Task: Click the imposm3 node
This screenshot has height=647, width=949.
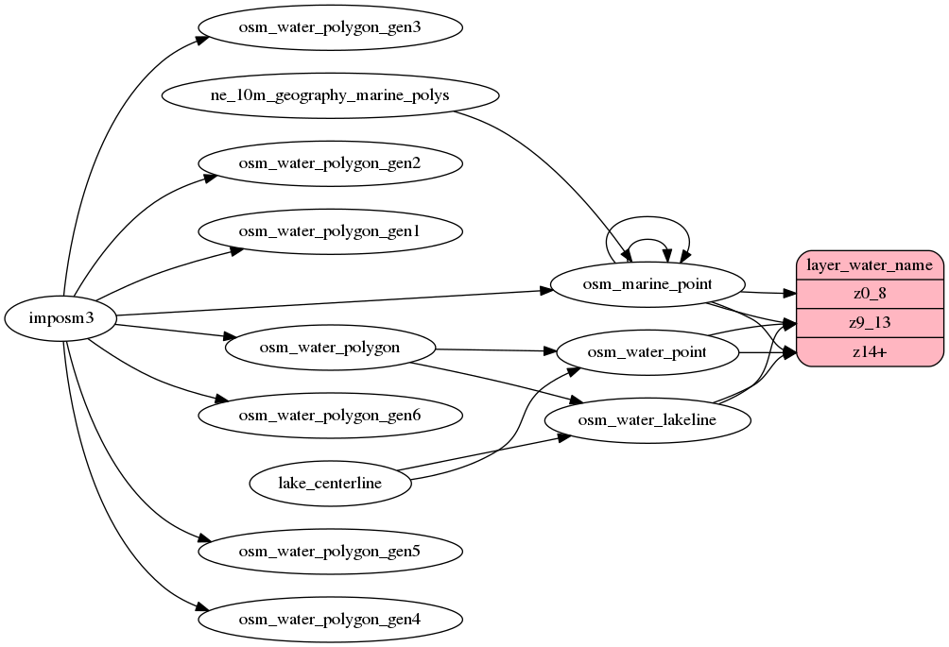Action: (x=61, y=318)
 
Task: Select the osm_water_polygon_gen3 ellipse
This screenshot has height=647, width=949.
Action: (x=330, y=27)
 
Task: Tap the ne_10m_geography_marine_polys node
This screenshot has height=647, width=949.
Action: (x=330, y=95)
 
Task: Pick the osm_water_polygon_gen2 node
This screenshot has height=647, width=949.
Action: (x=330, y=163)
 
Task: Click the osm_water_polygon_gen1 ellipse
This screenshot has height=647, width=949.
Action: (x=330, y=231)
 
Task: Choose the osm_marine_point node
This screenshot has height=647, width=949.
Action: (x=647, y=284)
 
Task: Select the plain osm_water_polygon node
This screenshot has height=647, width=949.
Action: (x=330, y=347)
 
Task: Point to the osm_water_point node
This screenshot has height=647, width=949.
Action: (x=647, y=352)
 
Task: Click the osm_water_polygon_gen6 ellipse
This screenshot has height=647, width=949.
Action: (x=330, y=415)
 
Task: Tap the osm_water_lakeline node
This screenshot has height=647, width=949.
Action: (x=647, y=420)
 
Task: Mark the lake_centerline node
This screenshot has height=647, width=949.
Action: (x=330, y=484)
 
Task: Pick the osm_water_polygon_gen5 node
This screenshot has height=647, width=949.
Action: (x=330, y=551)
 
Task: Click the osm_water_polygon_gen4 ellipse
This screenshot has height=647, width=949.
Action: (x=330, y=620)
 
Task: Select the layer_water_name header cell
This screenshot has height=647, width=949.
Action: (x=870, y=265)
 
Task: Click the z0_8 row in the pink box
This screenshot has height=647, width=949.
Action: (x=870, y=294)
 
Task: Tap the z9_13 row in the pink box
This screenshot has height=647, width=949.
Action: (x=870, y=322)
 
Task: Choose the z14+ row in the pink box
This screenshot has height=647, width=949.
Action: (x=870, y=351)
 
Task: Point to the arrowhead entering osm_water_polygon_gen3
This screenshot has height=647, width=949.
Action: (x=202, y=40)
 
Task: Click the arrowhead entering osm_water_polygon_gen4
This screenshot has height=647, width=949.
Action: (x=201, y=608)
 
